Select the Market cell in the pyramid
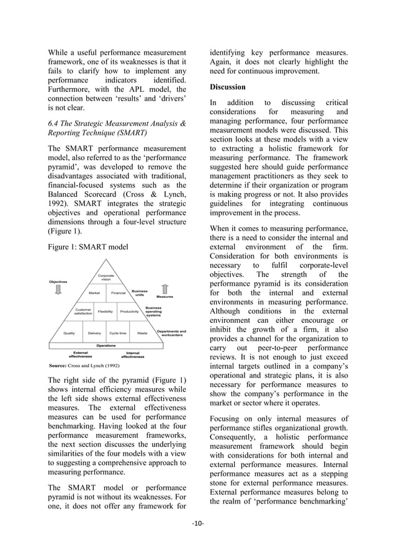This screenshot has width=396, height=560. point(94,292)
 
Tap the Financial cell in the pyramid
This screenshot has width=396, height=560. point(118,292)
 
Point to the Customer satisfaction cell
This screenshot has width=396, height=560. point(83,312)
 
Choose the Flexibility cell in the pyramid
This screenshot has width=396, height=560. point(106,312)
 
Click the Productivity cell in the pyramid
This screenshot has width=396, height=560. point(129,312)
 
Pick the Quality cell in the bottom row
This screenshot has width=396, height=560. point(70,333)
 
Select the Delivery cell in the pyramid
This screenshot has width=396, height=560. point(94,333)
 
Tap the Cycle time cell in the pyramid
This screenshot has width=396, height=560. point(118,333)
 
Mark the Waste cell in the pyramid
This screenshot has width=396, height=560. point(142,333)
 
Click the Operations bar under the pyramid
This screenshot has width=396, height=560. point(106,345)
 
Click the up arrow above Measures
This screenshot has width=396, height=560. point(164,287)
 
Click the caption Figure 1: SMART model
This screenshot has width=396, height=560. point(88,247)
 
